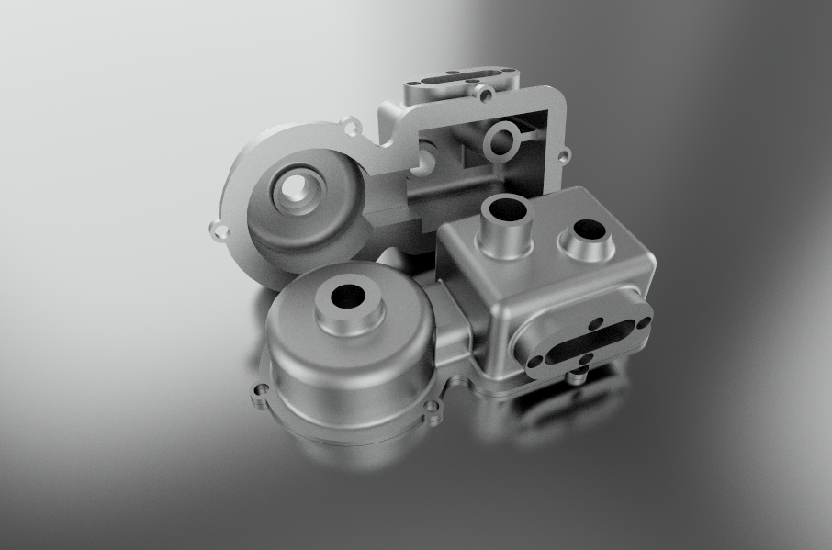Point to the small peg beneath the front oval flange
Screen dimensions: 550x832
[x=578, y=375]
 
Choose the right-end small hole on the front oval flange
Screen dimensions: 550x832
[x=644, y=322]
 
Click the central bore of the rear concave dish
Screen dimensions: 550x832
[x=297, y=190]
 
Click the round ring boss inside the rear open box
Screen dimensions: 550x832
[x=502, y=142]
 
